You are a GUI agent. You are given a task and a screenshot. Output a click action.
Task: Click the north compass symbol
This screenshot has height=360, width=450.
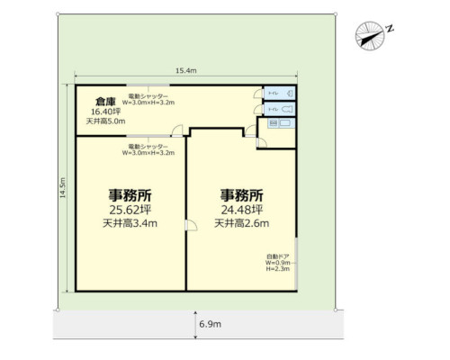coord(369,34)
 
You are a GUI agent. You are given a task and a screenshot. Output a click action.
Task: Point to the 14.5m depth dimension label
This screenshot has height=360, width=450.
coord(63,191)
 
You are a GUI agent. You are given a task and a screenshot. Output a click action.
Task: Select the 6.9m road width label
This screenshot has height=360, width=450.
coord(205,322)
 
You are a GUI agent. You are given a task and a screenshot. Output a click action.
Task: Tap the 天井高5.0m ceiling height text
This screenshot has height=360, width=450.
coord(104,121)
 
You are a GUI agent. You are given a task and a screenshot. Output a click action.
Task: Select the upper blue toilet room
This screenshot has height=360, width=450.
coord(280,93)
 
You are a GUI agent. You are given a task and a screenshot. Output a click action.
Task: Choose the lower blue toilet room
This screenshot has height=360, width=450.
coord(280,110)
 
